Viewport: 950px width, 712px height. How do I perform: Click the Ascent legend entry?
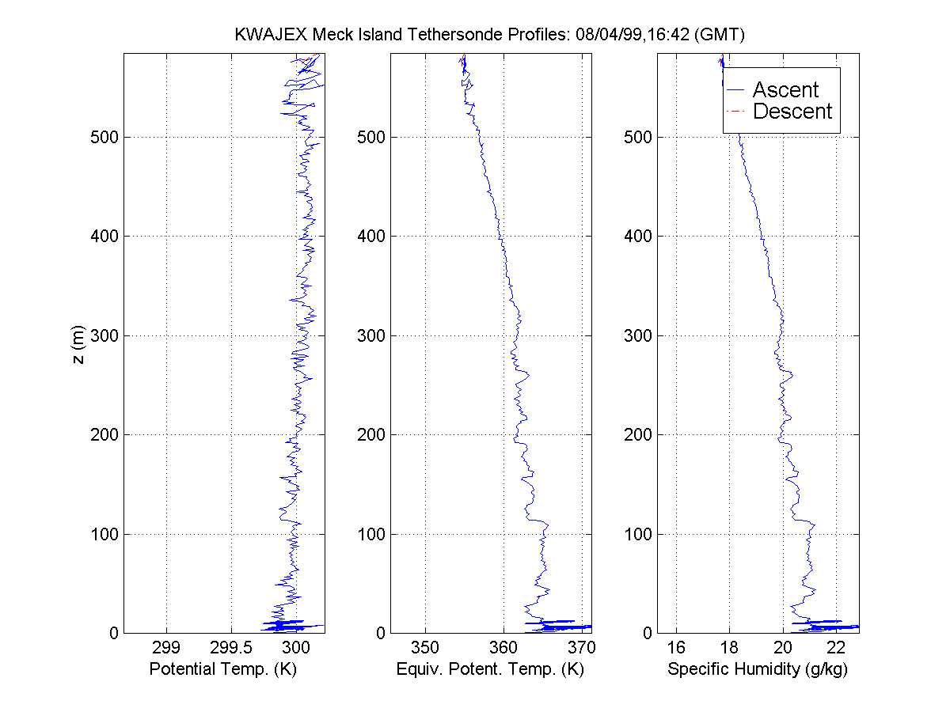(785, 90)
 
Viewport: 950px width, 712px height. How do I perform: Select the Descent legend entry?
(792, 112)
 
